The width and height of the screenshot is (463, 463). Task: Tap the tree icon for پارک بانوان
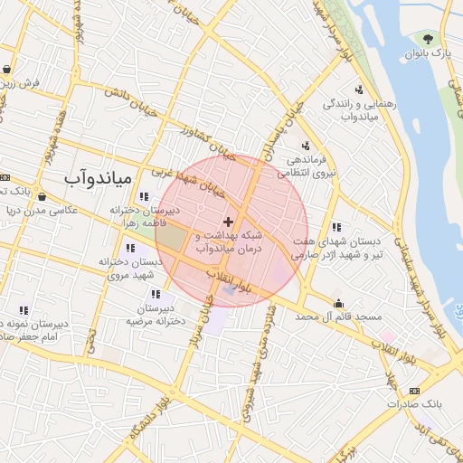(426, 39)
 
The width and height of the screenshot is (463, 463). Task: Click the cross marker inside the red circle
(228, 222)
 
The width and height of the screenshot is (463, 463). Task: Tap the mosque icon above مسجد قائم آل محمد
(338, 303)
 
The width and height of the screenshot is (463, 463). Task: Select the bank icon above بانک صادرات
(414, 390)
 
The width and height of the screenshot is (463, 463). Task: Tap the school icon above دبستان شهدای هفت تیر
(336, 227)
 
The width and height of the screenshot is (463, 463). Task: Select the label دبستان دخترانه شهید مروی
(130, 267)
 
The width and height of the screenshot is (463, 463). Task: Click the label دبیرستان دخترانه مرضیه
(156, 316)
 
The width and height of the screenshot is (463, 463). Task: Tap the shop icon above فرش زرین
(7, 69)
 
